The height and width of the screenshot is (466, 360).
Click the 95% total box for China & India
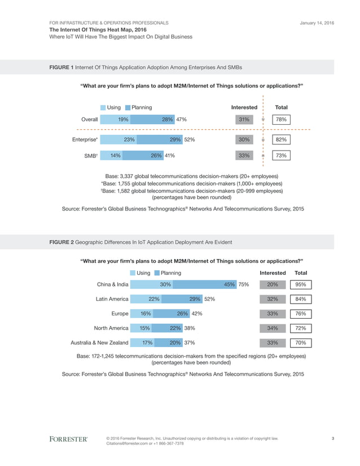point(300,284)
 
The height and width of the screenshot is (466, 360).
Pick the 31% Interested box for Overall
point(244,119)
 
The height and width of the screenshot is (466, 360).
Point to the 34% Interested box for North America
point(271,328)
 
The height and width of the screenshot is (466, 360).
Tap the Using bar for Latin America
point(145,299)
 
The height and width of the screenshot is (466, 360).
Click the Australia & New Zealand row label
point(99,342)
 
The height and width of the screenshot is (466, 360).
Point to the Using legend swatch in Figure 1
point(103,107)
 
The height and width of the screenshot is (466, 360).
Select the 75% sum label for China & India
point(244,284)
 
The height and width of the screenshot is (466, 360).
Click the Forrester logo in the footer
point(68,438)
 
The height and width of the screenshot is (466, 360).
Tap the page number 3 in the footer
point(333,438)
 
